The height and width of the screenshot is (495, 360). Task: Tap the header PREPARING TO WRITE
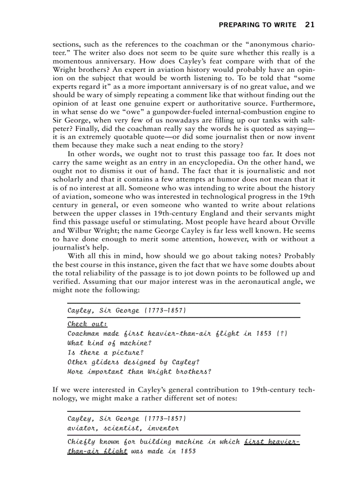tap(257, 25)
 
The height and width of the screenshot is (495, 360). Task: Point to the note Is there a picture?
tap(105, 353)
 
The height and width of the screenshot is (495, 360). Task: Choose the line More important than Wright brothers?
tap(139, 372)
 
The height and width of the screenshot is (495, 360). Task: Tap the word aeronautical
tap(246, 282)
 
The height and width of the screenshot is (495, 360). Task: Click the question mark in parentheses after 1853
tap(282, 334)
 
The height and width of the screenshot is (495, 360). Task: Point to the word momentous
tap(72, 61)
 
